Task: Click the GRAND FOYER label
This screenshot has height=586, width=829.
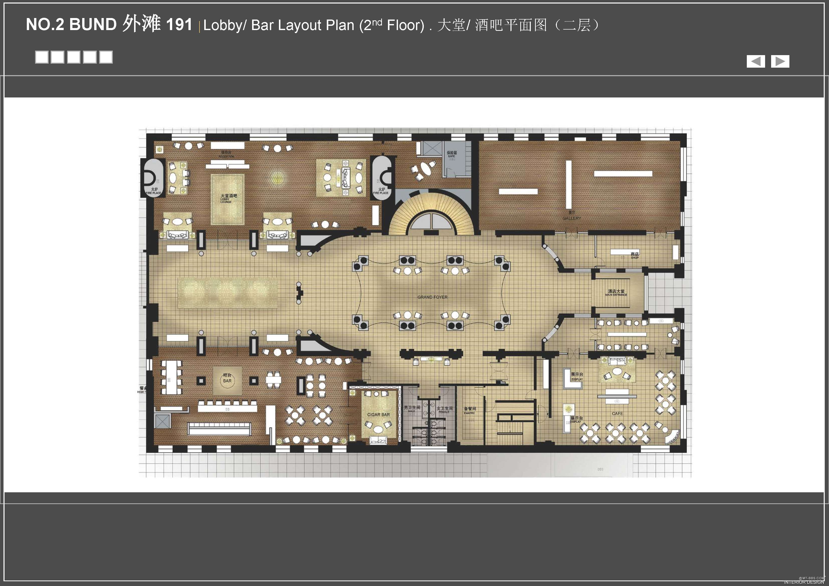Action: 432,297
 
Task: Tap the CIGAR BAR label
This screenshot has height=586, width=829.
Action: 378,414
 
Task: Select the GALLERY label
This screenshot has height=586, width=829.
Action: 572,218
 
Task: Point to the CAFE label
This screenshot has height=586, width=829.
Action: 617,413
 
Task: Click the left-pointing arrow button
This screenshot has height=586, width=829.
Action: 756,61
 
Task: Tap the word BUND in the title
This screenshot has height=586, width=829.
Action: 92,25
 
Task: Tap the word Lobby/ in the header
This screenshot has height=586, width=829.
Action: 225,25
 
